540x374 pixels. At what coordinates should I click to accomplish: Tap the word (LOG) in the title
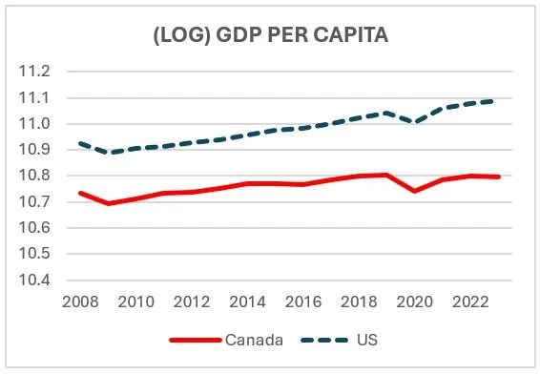(x=182, y=34)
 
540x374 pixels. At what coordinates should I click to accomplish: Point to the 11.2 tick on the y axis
(x=34, y=72)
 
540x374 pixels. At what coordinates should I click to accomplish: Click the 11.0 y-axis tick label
(x=34, y=124)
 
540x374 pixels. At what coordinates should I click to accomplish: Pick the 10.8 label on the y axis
(x=34, y=176)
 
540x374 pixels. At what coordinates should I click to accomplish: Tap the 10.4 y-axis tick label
(x=34, y=280)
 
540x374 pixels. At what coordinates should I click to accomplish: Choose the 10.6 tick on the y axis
(x=34, y=228)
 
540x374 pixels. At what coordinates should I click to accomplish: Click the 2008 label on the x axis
(x=80, y=302)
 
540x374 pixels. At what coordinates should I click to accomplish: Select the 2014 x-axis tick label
(x=247, y=302)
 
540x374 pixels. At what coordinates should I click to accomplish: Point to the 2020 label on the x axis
(x=415, y=302)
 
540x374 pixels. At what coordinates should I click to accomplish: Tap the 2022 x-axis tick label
(x=470, y=302)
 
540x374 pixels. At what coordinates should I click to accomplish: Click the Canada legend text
(x=254, y=340)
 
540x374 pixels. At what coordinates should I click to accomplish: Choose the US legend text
(x=367, y=340)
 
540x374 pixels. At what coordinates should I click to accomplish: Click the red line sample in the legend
(x=196, y=341)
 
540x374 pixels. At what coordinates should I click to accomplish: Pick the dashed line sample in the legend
(x=324, y=341)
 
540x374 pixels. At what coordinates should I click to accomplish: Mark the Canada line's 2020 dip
(x=414, y=191)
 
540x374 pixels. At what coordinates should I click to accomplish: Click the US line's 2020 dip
(x=415, y=122)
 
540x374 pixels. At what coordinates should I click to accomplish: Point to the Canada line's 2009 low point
(x=109, y=203)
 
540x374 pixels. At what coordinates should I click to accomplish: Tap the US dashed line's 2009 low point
(x=111, y=152)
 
